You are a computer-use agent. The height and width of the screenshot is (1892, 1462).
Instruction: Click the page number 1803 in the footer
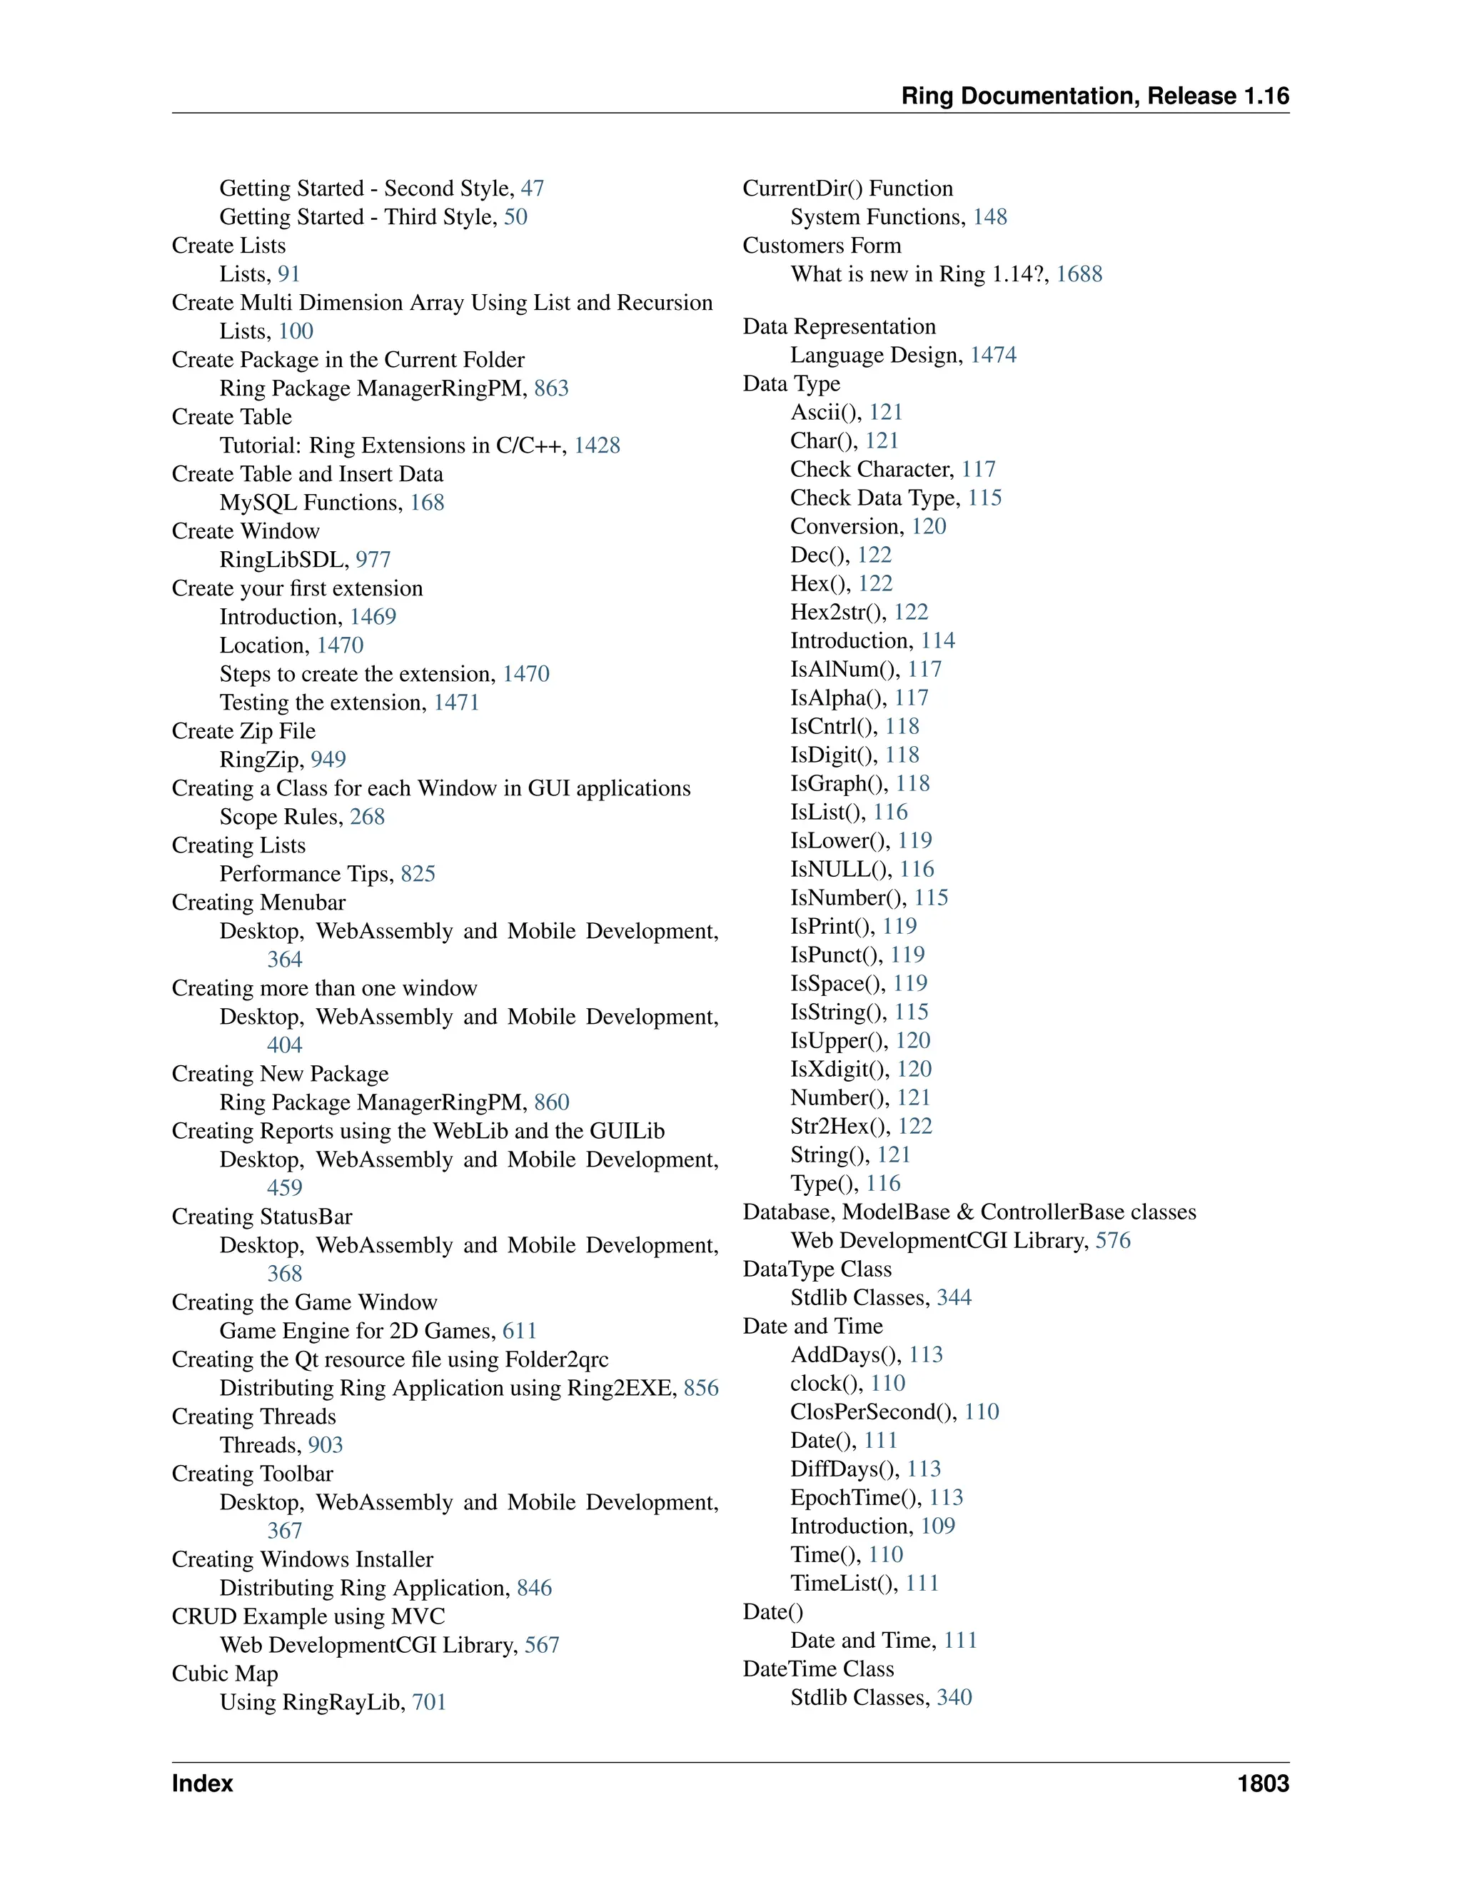click(1262, 1783)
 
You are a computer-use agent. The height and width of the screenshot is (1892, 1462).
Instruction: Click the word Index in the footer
click(203, 1783)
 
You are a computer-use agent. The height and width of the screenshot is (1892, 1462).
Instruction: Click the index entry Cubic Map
click(224, 1673)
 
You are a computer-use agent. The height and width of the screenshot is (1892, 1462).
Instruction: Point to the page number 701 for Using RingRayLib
click(429, 1701)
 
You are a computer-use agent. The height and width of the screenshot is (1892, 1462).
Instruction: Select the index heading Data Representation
click(838, 326)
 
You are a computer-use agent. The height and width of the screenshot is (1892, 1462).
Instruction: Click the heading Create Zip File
click(243, 730)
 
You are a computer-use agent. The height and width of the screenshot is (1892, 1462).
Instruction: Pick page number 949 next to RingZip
click(328, 759)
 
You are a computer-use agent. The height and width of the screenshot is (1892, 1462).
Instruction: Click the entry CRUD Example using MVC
click(308, 1616)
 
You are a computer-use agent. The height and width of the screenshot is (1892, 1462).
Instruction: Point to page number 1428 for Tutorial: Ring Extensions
click(597, 446)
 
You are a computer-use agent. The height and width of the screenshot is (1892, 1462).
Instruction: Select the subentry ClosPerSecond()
click(872, 1412)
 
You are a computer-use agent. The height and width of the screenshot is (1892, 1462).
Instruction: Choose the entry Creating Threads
click(253, 1416)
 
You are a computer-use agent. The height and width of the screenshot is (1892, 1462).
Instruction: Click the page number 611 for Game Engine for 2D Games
click(520, 1331)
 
